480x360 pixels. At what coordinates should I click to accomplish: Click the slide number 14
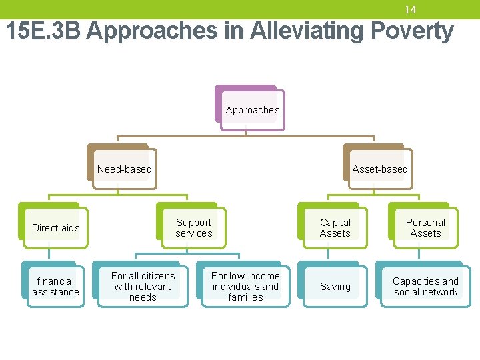pos(410,9)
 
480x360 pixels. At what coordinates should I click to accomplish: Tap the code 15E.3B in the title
pos(43,31)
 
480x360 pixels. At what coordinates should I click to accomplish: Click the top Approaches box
pos(252,109)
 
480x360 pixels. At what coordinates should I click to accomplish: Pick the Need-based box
pos(124,169)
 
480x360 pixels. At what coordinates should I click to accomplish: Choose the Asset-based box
pos(379,169)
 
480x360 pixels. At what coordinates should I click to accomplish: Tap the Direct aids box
pos(55,227)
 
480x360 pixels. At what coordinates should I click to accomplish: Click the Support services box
pos(193,227)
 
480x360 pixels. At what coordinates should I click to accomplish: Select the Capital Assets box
pos(335,227)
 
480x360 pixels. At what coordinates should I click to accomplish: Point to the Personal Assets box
pos(425,227)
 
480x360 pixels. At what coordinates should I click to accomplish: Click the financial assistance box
pos(55,286)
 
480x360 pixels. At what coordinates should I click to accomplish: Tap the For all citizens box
pos(143,286)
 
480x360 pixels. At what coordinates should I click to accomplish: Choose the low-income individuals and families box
pos(245,286)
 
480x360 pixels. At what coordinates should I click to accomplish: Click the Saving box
pos(335,286)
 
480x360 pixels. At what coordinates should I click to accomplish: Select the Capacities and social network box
pos(425,286)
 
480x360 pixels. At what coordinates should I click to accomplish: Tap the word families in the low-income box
pos(245,297)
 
